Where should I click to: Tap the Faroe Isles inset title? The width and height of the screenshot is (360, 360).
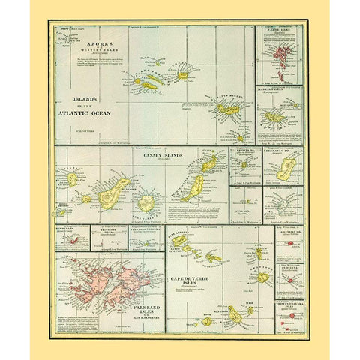tap(280, 30)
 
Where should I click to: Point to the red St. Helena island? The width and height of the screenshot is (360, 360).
tap(288, 280)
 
